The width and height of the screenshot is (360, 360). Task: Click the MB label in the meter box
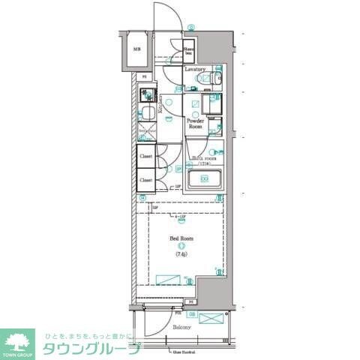136,49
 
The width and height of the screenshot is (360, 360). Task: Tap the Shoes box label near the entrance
190,52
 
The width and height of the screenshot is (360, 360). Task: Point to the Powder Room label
196,123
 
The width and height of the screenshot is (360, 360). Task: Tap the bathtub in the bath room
202,179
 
